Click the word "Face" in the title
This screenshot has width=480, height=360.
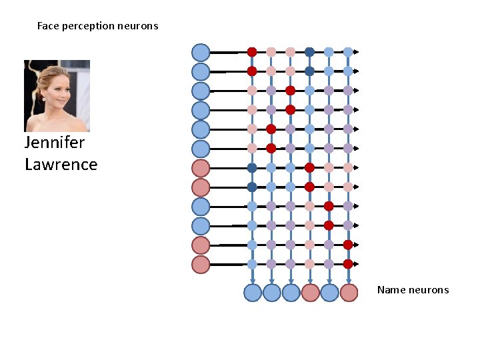coord(47,26)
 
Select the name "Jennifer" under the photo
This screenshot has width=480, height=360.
coord(55,143)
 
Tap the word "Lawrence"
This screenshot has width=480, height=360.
coord(61,164)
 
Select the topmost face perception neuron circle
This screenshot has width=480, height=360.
coord(201,52)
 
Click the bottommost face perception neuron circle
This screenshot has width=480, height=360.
coord(201,265)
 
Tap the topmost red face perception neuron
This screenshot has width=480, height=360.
coord(201,168)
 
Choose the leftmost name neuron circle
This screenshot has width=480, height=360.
coord(253,293)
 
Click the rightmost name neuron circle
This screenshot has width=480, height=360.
coord(349,293)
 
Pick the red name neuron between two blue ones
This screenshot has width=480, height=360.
coord(310,293)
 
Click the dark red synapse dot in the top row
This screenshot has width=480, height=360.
coord(252,51)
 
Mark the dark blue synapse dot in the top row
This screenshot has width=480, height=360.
coord(309,51)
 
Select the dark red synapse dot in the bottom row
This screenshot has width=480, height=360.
coord(348,264)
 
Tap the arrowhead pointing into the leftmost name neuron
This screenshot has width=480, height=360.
coord(252,281)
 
